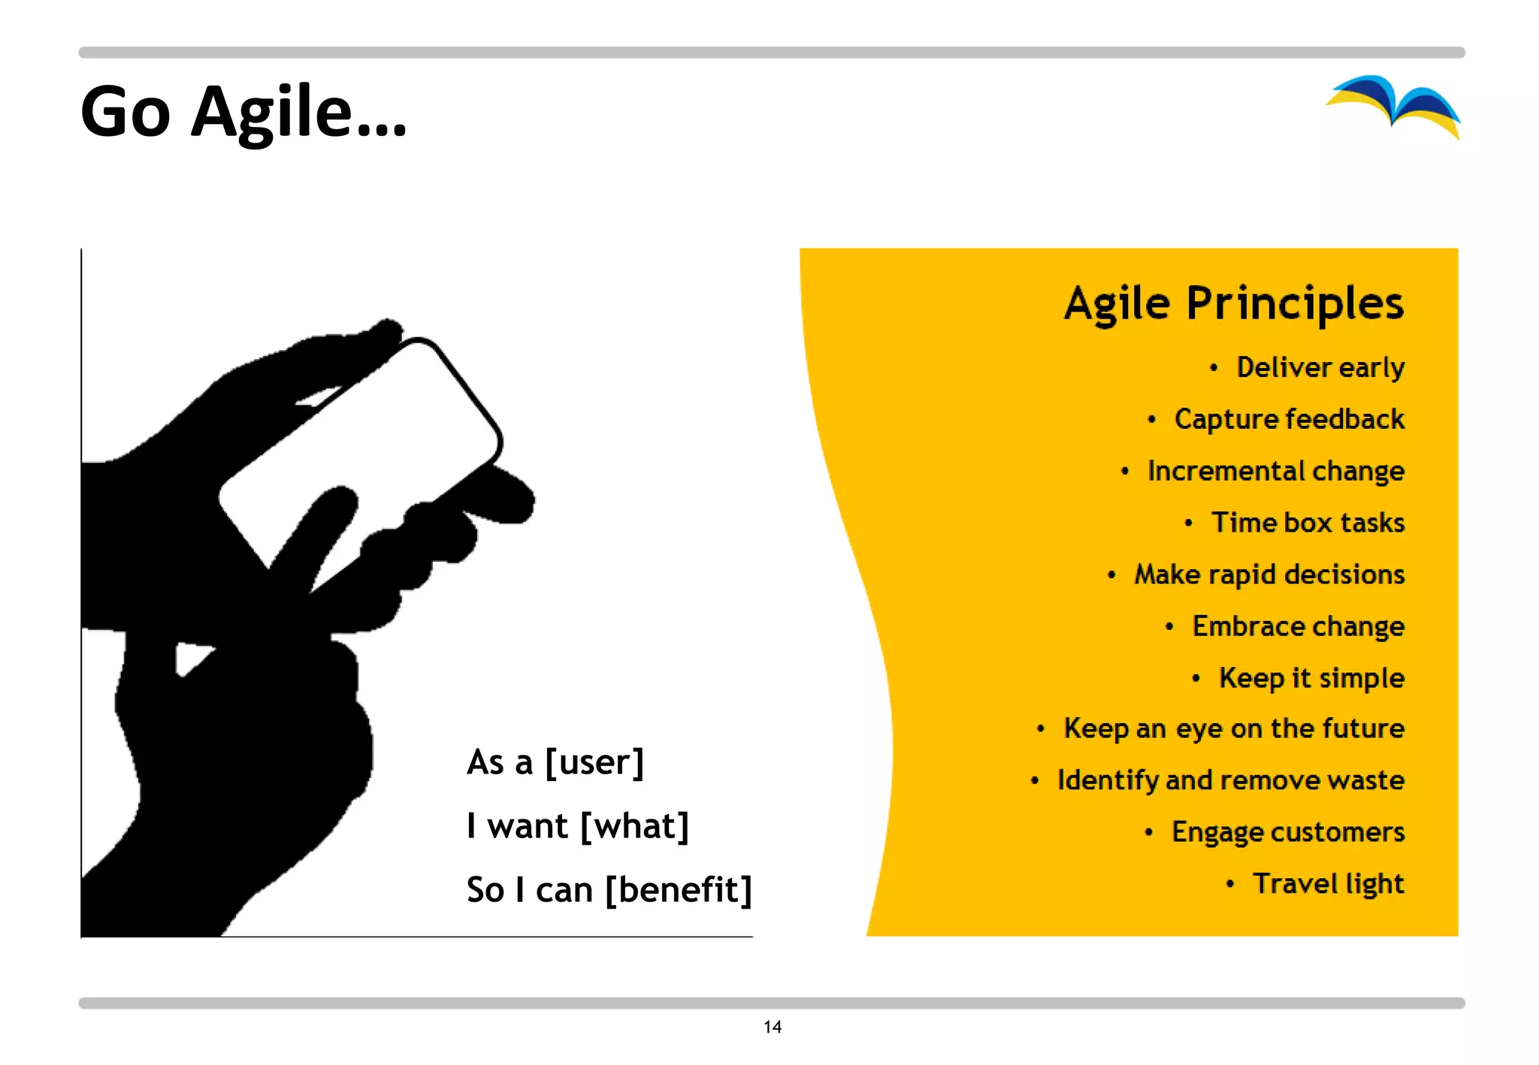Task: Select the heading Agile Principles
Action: click(1233, 303)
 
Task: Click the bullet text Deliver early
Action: click(1320, 367)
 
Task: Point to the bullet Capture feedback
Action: click(1289, 419)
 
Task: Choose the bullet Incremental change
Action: click(1275, 471)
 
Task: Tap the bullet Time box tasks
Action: click(1308, 523)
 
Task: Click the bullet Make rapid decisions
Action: click(1268, 575)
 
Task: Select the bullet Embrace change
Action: click(1298, 626)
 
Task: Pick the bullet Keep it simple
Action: click(1311, 678)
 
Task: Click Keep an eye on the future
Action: click(1233, 729)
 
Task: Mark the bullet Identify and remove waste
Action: click(1230, 780)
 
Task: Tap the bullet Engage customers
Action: click(1287, 832)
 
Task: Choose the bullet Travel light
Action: click(1327, 884)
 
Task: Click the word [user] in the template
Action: click(594, 762)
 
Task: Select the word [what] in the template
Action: click(634, 826)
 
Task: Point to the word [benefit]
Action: click(678, 890)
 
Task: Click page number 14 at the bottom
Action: click(772, 1027)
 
